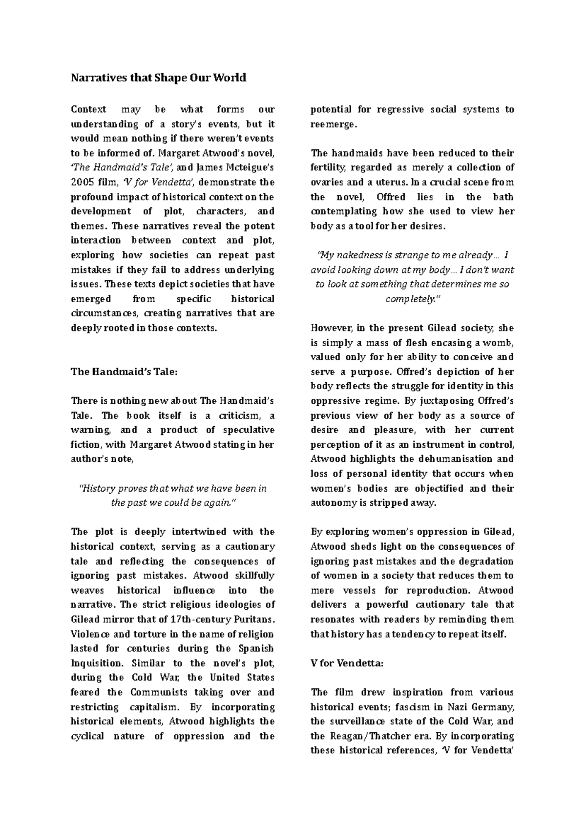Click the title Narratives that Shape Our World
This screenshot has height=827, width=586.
[x=158, y=78]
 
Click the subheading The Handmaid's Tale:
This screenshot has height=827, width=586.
[x=125, y=372]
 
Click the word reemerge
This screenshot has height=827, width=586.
[x=333, y=124]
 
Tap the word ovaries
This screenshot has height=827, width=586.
[x=327, y=183]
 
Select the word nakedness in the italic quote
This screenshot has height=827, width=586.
[x=353, y=255]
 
